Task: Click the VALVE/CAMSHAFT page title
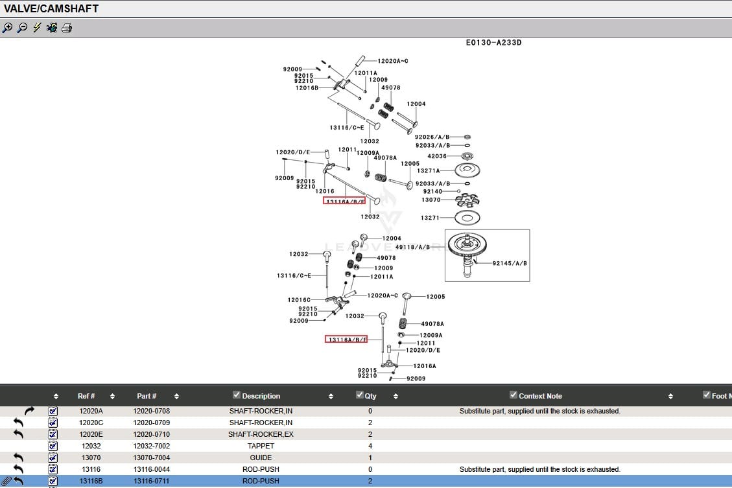coord(51,8)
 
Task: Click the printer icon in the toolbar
coord(67,28)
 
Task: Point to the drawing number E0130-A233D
coord(493,43)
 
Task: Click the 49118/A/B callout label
coord(412,247)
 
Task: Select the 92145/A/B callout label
coord(510,264)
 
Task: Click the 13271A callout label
coord(428,171)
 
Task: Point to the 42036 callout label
coord(437,156)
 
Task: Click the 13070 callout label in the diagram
coord(431,200)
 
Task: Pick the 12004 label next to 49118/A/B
coord(392,238)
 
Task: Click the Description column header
coord(261,396)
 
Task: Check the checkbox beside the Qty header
coord(360,395)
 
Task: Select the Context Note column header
coord(540,396)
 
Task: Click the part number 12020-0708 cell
coord(152,411)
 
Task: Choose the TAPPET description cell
coord(261,446)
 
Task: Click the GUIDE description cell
coord(261,458)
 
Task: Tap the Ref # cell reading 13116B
coord(91,481)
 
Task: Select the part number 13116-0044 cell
coord(152,469)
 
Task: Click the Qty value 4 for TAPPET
coord(370,446)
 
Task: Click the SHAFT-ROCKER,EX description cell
coord(261,434)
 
